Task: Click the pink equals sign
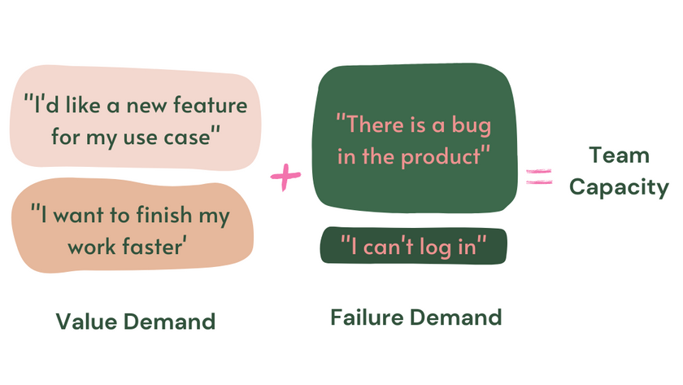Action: pos(538,176)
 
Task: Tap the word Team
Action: pos(619,155)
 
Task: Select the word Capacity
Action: pos(619,187)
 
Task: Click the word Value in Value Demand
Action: pos(85,322)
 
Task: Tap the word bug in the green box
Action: pos(472,127)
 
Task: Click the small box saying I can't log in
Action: pos(414,246)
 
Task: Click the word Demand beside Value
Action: pos(174,322)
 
